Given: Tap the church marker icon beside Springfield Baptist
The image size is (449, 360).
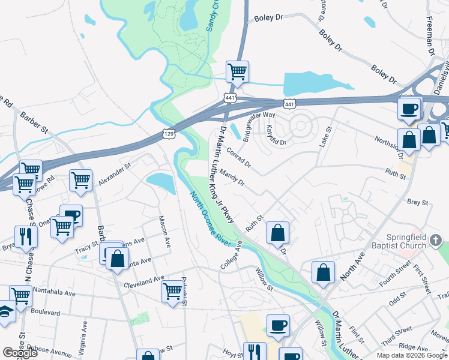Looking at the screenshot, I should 436,242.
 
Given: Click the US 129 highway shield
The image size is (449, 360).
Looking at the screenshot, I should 169,134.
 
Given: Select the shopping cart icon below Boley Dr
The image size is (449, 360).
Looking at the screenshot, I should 237,72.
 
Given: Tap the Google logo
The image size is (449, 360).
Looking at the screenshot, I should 20,353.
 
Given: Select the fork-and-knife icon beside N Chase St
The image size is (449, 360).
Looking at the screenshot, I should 25,236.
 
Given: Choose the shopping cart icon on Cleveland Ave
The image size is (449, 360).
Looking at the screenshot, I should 172,291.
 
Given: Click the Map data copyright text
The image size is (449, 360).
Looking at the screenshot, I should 412,355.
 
